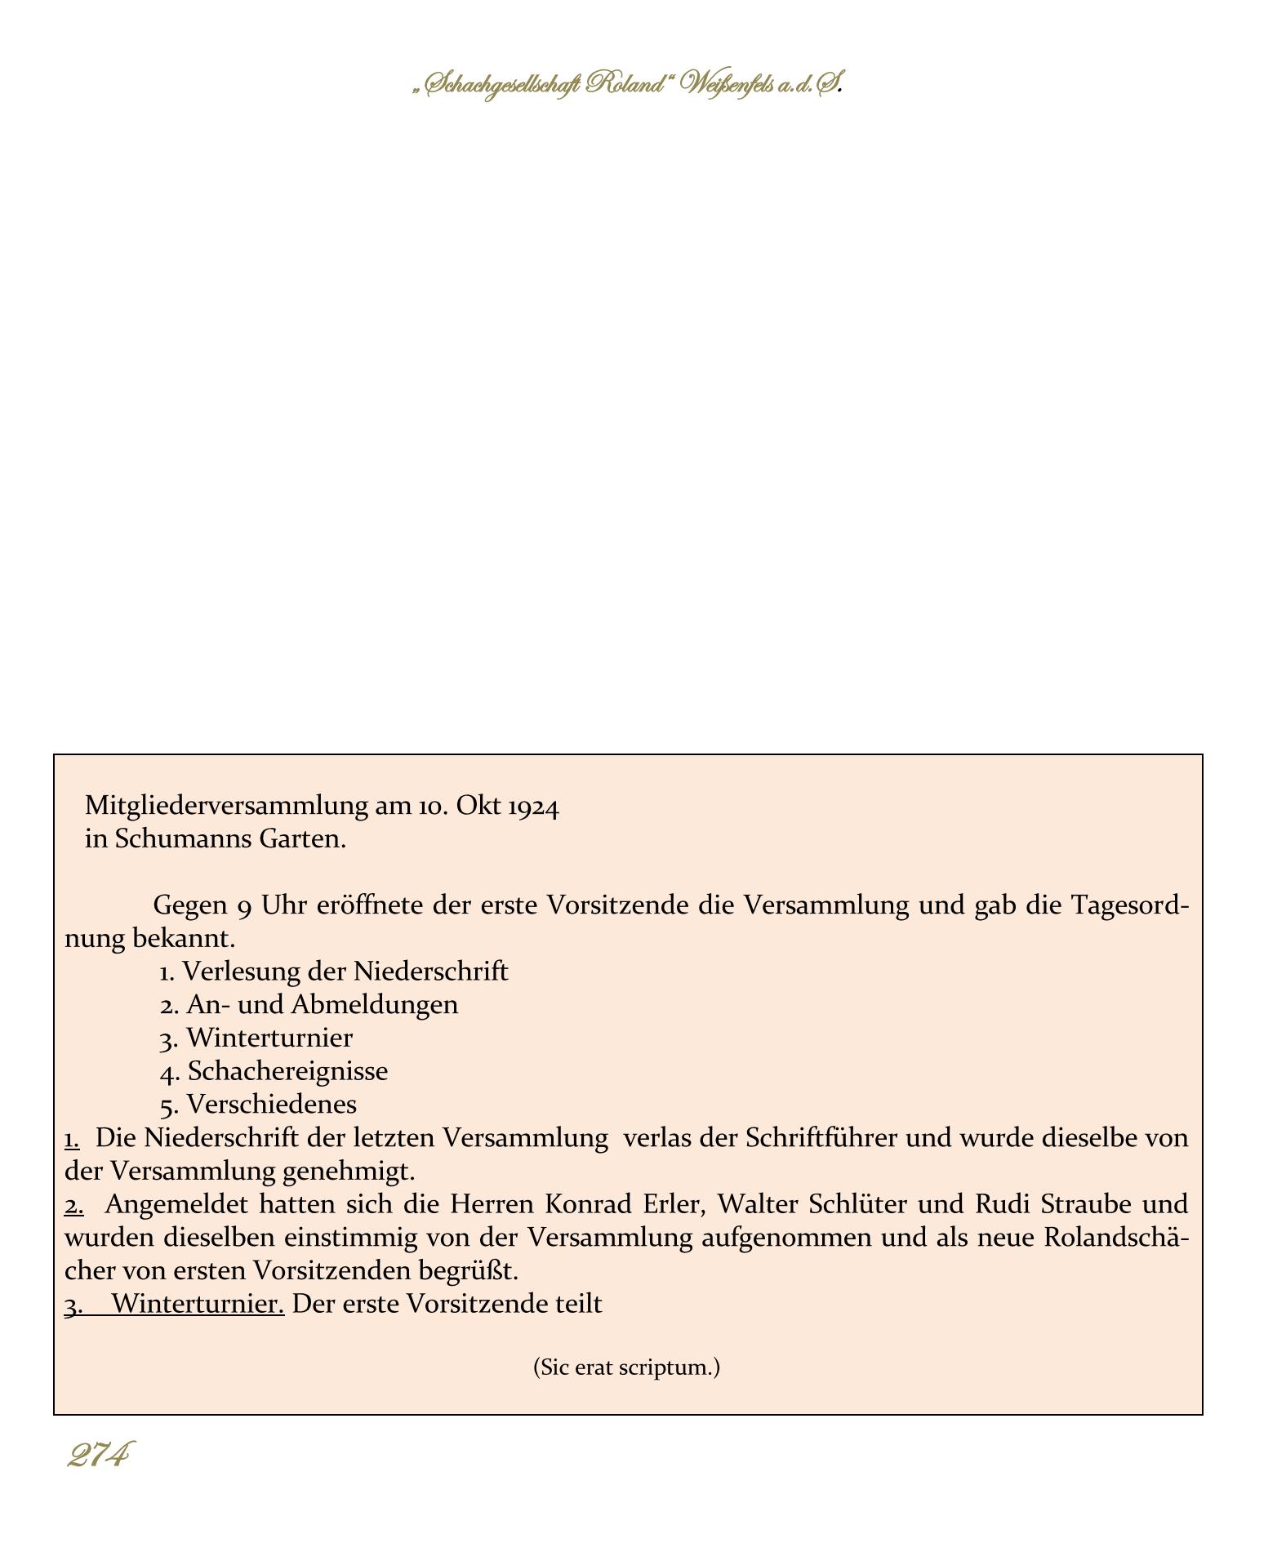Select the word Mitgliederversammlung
[226, 807]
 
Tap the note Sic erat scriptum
[626, 1367]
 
